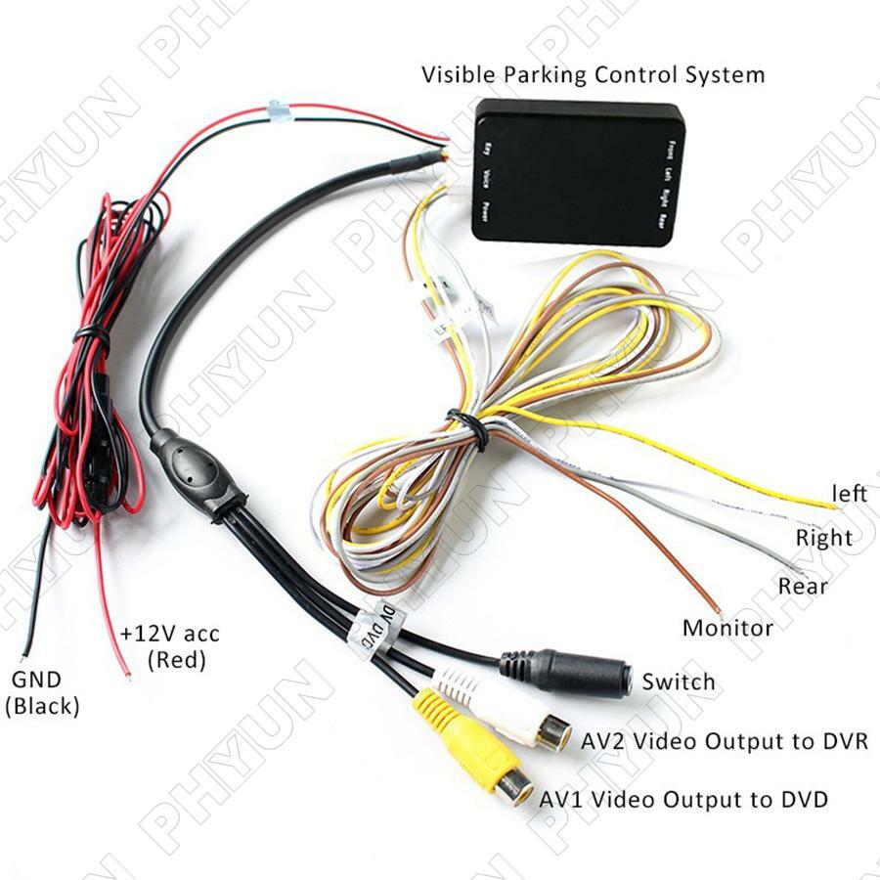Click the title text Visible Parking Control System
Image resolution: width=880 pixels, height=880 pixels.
point(593,74)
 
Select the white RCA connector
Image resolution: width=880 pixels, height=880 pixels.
point(508,710)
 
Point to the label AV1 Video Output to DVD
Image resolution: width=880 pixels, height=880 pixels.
point(684,799)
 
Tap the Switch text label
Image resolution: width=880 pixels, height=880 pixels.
point(679,682)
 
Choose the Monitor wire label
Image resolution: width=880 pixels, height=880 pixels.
point(727,628)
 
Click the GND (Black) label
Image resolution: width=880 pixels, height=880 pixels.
point(41,692)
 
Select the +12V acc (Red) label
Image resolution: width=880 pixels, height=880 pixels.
point(170,646)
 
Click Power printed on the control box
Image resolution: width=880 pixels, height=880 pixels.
point(486,209)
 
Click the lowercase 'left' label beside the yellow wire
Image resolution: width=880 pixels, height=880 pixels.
point(848,494)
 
